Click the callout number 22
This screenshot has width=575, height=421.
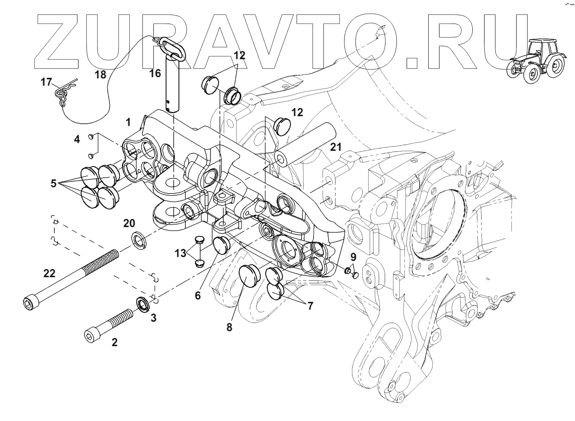49,273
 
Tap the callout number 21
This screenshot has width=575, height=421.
336,148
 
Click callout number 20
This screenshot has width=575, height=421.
129,223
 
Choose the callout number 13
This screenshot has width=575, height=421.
180,253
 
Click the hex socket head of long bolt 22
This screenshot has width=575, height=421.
28,303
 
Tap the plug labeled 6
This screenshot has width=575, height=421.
222,245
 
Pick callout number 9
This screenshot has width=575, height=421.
353,258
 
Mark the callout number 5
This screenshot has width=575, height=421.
53,183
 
